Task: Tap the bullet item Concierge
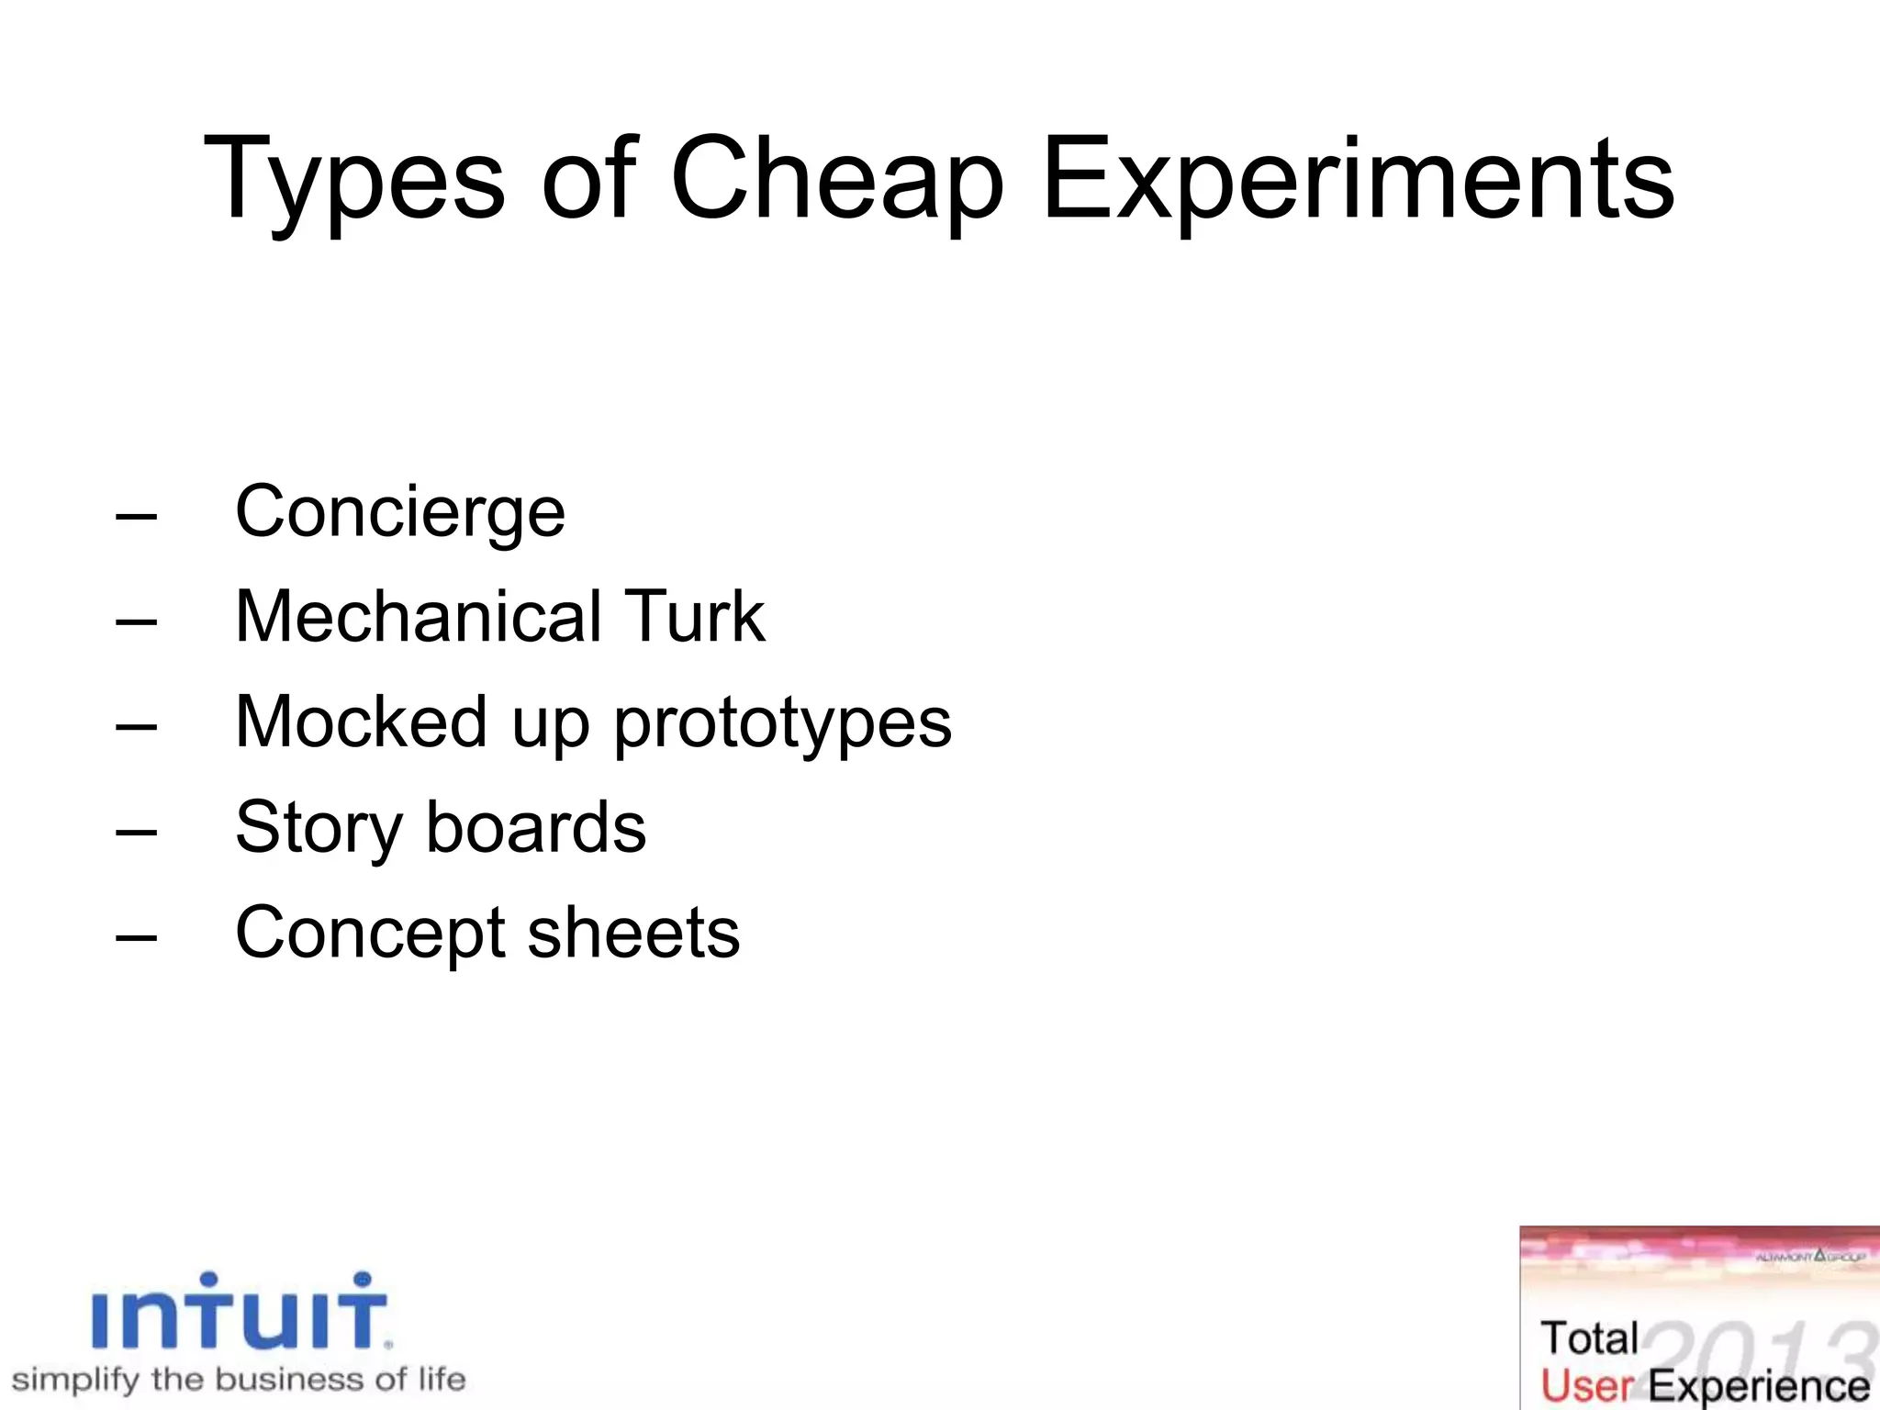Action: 400,512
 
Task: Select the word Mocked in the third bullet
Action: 361,722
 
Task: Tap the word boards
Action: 536,827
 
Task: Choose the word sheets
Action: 633,933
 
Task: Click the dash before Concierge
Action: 137,517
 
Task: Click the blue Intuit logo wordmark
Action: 241,1313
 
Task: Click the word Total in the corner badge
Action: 1589,1338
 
